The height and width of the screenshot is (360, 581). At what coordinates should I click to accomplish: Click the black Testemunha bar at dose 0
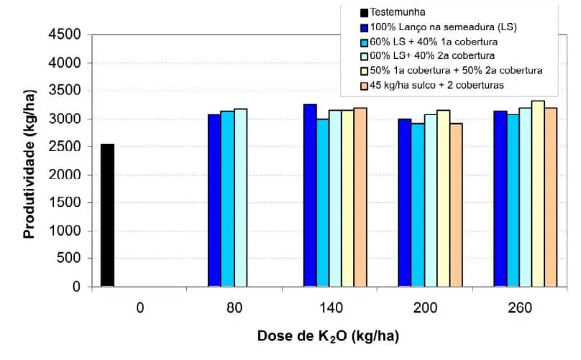pyautogui.click(x=107, y=216)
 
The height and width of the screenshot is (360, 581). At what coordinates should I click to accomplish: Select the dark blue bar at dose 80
pyautogui.click(x=214, y=200)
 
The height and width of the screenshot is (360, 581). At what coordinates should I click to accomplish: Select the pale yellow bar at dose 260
pyautogui.click(x=538, y=194)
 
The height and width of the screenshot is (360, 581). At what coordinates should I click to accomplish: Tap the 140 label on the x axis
pyautogui.click(x=329, y=308)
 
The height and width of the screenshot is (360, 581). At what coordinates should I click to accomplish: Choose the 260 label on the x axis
pyautogui.click(x=520, y=308)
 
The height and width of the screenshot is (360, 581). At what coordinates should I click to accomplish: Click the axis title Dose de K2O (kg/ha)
pyautogui.click(x=328, y=336)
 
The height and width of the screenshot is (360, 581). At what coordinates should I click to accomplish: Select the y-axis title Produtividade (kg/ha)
pyautogui.click(x=29, y=161)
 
